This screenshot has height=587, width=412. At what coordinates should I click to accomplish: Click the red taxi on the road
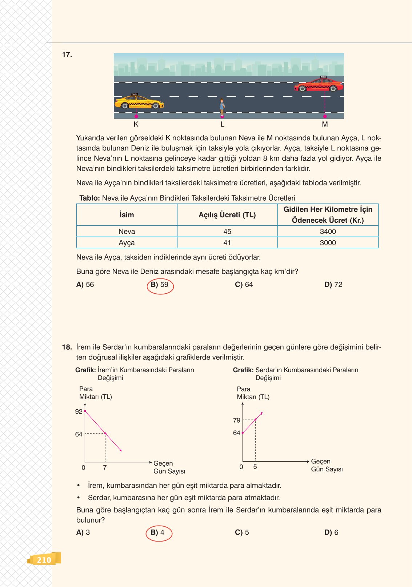319,85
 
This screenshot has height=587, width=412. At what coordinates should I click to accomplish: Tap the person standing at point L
222,107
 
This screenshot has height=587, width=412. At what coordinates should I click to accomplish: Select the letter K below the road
136,124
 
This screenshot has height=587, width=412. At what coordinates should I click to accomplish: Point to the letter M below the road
325,124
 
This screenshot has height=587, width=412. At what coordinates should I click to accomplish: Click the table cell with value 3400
328,232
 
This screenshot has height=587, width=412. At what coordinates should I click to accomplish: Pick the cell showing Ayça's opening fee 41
227,243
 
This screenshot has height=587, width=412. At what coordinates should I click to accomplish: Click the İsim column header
127,215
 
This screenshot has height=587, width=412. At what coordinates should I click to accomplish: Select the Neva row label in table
127,232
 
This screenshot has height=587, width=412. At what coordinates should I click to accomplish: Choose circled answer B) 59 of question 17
160,285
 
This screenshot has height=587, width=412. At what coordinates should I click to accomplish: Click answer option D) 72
333,285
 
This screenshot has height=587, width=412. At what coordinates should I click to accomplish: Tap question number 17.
67,55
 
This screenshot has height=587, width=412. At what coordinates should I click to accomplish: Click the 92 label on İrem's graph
79,412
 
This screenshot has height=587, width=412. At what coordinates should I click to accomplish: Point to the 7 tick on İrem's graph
105,467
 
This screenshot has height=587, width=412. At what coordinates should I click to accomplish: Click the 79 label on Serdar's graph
237,421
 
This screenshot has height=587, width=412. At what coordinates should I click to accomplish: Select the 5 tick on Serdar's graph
255,467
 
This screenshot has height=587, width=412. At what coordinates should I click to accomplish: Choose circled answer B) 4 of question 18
158,533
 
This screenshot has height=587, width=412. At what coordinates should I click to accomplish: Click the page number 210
44,560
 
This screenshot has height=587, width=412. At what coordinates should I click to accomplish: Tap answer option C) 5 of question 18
242,532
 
